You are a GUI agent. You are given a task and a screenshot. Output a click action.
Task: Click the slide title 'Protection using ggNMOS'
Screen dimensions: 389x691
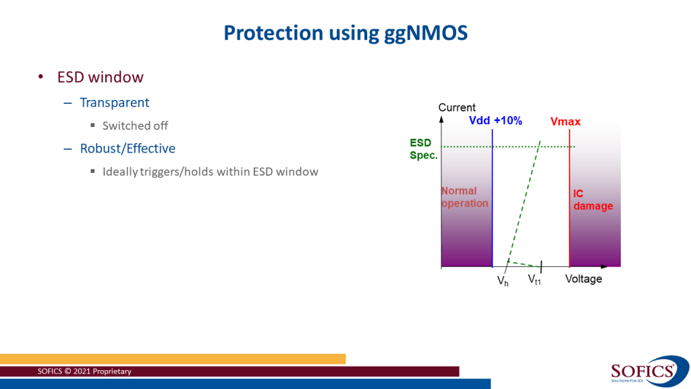coord(345,32)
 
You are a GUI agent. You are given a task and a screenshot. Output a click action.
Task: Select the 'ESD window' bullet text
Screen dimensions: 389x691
coord(100,77)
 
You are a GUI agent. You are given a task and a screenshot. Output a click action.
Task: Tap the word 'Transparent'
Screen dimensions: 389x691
coord(115,103)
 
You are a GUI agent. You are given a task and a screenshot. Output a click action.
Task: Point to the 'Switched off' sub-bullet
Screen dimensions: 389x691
coord(135,126)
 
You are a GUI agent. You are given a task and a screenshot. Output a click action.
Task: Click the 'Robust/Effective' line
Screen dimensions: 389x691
coord(128,149)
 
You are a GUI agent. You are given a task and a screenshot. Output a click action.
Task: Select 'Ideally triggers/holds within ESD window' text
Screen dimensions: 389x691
coord(210,172)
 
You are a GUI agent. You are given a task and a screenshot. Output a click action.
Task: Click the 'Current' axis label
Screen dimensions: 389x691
coord(457,107)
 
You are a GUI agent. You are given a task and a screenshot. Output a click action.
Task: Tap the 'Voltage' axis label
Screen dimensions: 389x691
coord(583,279)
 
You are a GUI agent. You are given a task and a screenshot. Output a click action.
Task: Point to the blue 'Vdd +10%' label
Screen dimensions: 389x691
coord(495,121)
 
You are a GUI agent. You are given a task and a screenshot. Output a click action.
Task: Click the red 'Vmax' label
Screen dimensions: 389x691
coord(565,122)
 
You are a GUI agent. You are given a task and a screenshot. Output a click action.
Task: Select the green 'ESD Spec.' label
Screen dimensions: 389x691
coord(424,149)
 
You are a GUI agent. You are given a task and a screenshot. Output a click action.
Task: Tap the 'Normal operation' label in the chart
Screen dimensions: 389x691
coord(464,197)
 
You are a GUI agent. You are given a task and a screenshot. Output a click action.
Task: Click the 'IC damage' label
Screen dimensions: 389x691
coord(592,200)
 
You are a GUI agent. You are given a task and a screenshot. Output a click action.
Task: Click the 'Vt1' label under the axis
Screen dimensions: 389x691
coord(534,279)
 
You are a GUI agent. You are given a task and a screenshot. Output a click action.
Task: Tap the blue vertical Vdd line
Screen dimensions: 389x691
coord(493,203)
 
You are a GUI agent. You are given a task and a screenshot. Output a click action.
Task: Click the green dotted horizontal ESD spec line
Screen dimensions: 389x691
coord(472,147)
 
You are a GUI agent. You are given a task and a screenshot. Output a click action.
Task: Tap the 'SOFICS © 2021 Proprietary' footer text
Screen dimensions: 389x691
coord(84,371)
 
